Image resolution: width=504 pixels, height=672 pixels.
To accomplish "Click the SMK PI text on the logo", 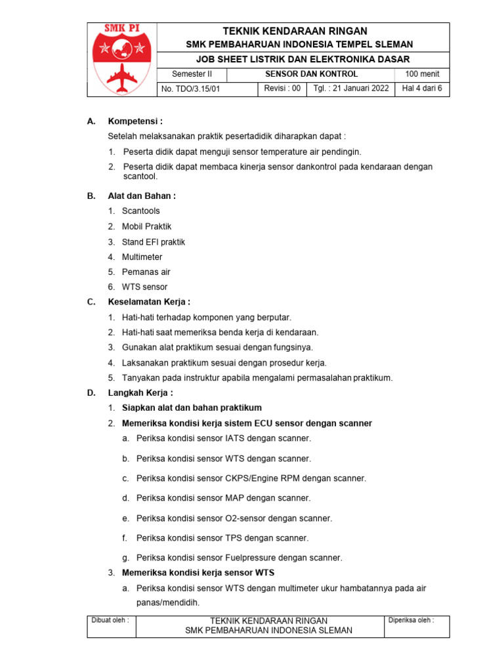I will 121,30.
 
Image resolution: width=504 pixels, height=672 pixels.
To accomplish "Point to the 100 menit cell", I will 422,74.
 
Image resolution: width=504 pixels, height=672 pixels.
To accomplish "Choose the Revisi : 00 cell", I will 282,89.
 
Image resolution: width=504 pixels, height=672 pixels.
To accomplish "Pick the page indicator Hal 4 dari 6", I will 422,89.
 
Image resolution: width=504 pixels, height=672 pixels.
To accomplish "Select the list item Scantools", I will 140,211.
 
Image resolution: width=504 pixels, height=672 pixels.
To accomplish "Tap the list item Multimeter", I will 142,257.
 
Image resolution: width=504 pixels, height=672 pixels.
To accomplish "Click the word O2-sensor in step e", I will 248,518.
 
